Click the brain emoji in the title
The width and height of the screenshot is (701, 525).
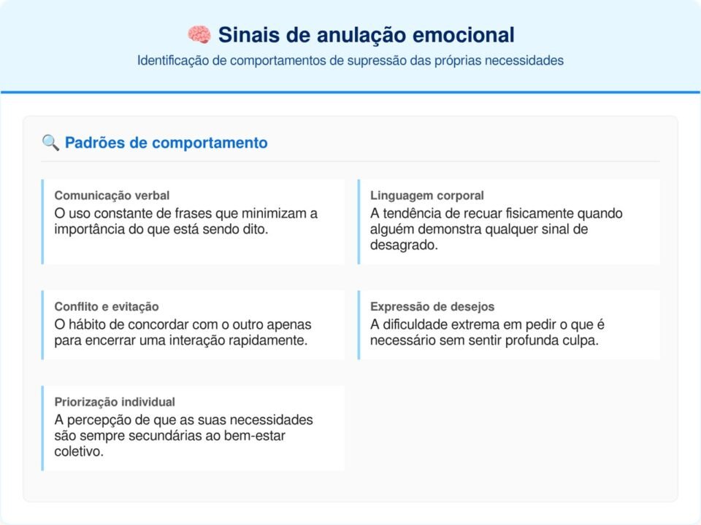point(199,34)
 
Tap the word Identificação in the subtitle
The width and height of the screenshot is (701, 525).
point(173,61)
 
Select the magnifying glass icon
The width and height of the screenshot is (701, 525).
point(50,143)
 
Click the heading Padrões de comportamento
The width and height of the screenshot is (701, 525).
point(166,143)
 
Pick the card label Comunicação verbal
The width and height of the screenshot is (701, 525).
point(112,195)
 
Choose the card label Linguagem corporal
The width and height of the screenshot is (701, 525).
point(426,195)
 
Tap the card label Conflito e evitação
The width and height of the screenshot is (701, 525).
point(106,306)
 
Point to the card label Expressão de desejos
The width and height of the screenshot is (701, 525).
point(432,306)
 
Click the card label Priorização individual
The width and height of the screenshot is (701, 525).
point(115,402)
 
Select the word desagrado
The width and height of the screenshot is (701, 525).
point(404,246)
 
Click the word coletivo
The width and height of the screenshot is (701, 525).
point(77,452)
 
